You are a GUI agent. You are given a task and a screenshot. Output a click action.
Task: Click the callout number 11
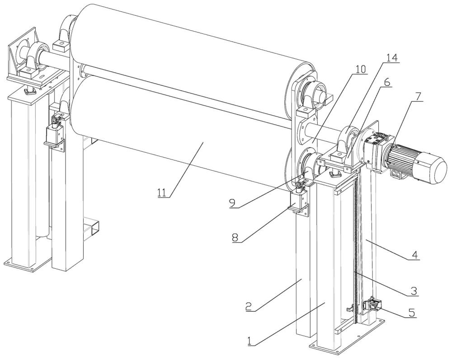pos(162,192)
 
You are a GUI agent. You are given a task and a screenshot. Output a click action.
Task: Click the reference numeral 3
pos(414,291)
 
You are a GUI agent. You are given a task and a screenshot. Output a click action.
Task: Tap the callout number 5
pos(413,313)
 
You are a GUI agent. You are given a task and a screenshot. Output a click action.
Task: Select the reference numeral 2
pos(249,306)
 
